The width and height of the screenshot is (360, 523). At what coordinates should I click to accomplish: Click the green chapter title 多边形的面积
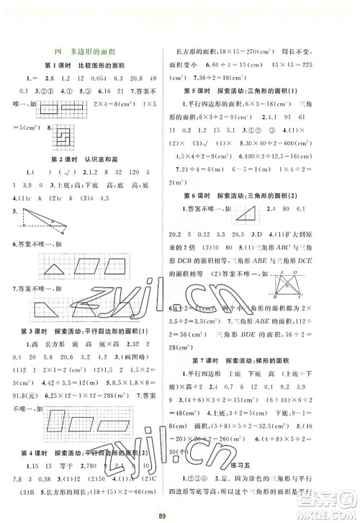[99, 50]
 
